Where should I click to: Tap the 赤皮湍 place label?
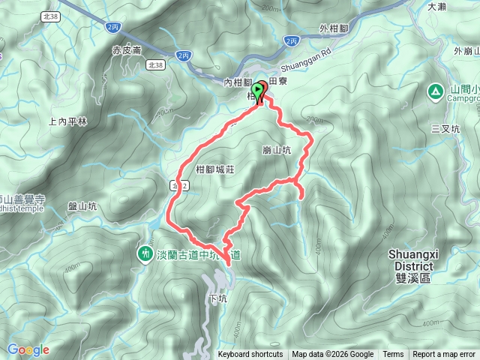click(x=127, y=50)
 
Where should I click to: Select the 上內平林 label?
click(x=67, y=121)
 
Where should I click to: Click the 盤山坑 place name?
click(x=82, y=206)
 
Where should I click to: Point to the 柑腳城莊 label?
click(x=215, y=169)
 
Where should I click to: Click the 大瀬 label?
click(x=436, y=7)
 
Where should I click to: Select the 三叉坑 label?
click(x=445, y=128)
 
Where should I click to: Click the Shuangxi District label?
click(x=410, y=260)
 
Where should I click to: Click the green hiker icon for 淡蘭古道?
click(x=144, y=255)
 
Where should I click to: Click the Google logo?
click(x=28, y=349)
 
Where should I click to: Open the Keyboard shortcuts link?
click(x=250, y=355)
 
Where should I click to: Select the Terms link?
click(x=393, y=355)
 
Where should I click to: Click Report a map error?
click(x=445, y=355)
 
